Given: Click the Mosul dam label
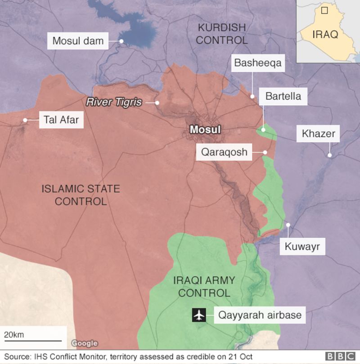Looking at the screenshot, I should click(78, 41).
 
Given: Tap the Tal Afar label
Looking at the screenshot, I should click(61, 120).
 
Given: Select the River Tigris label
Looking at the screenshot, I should click(114, 102).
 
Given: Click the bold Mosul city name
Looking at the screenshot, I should click(205, 130).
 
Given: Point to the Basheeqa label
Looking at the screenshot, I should click(257, 63).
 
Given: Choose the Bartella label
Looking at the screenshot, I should click(283, 96).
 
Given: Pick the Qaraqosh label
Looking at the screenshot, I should click(224, 152).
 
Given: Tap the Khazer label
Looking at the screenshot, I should click(318, 133).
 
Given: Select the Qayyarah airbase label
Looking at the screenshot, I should click(260, 315).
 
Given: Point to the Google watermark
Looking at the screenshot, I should click(85, 343).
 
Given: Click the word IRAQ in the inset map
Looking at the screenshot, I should click(325, 35).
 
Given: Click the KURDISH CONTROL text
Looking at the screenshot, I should click(221, 34).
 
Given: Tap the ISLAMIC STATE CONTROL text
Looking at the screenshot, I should click(81, 195).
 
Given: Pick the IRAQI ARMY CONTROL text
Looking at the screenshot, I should click(204, 287).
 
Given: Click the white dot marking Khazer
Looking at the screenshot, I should click(329, 155).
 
